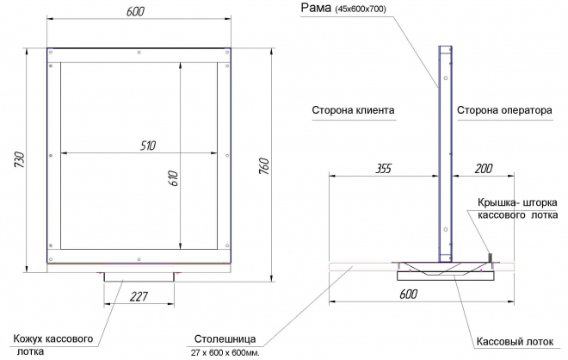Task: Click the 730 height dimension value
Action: pyautogui.click(x=20, y=159)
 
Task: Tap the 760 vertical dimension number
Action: pyautogui.click(x=264, y=166)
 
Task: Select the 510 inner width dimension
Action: pyautogui.click(x=148, y=146)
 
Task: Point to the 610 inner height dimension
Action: pyautogui.click(x=173, y=178)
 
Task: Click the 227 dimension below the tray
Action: pyautogui.click(x=139, y=296)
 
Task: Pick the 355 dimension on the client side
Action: pyautogui.click(x=383, y=169)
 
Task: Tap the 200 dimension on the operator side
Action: pyautogui.click(x=484, y=169)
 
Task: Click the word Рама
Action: pyautogui.click(x=316, y=8)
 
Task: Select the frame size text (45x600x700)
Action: pyautogui.click(x=361, y=9)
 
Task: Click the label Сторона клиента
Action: pyautogui.click(x=353, y=110)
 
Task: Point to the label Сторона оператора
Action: pyautogui.click(x=504, y=110)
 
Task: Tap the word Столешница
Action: pyautogui.click(x=225, y=339)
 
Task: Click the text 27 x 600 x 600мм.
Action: pyautogui.click(x=225, y=353)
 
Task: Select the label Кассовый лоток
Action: pyautogui.click(x=515, y=342)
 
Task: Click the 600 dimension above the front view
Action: pyautogui.click(x=135, y=11)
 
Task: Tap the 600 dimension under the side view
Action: pyautogui.click(x=408, y=294)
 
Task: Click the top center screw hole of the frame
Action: pyautogui.click(x=139, y=53)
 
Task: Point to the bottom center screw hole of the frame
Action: pyautogui.click(x=139, y=259)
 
